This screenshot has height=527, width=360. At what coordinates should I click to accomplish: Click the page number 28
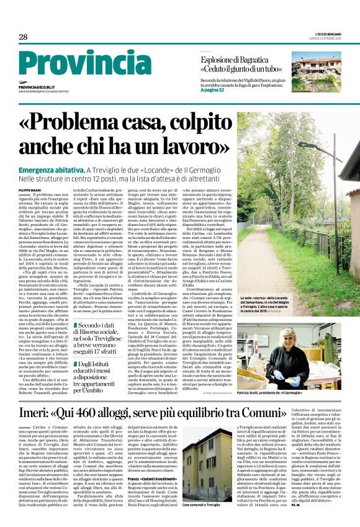(x=23, y=37)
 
